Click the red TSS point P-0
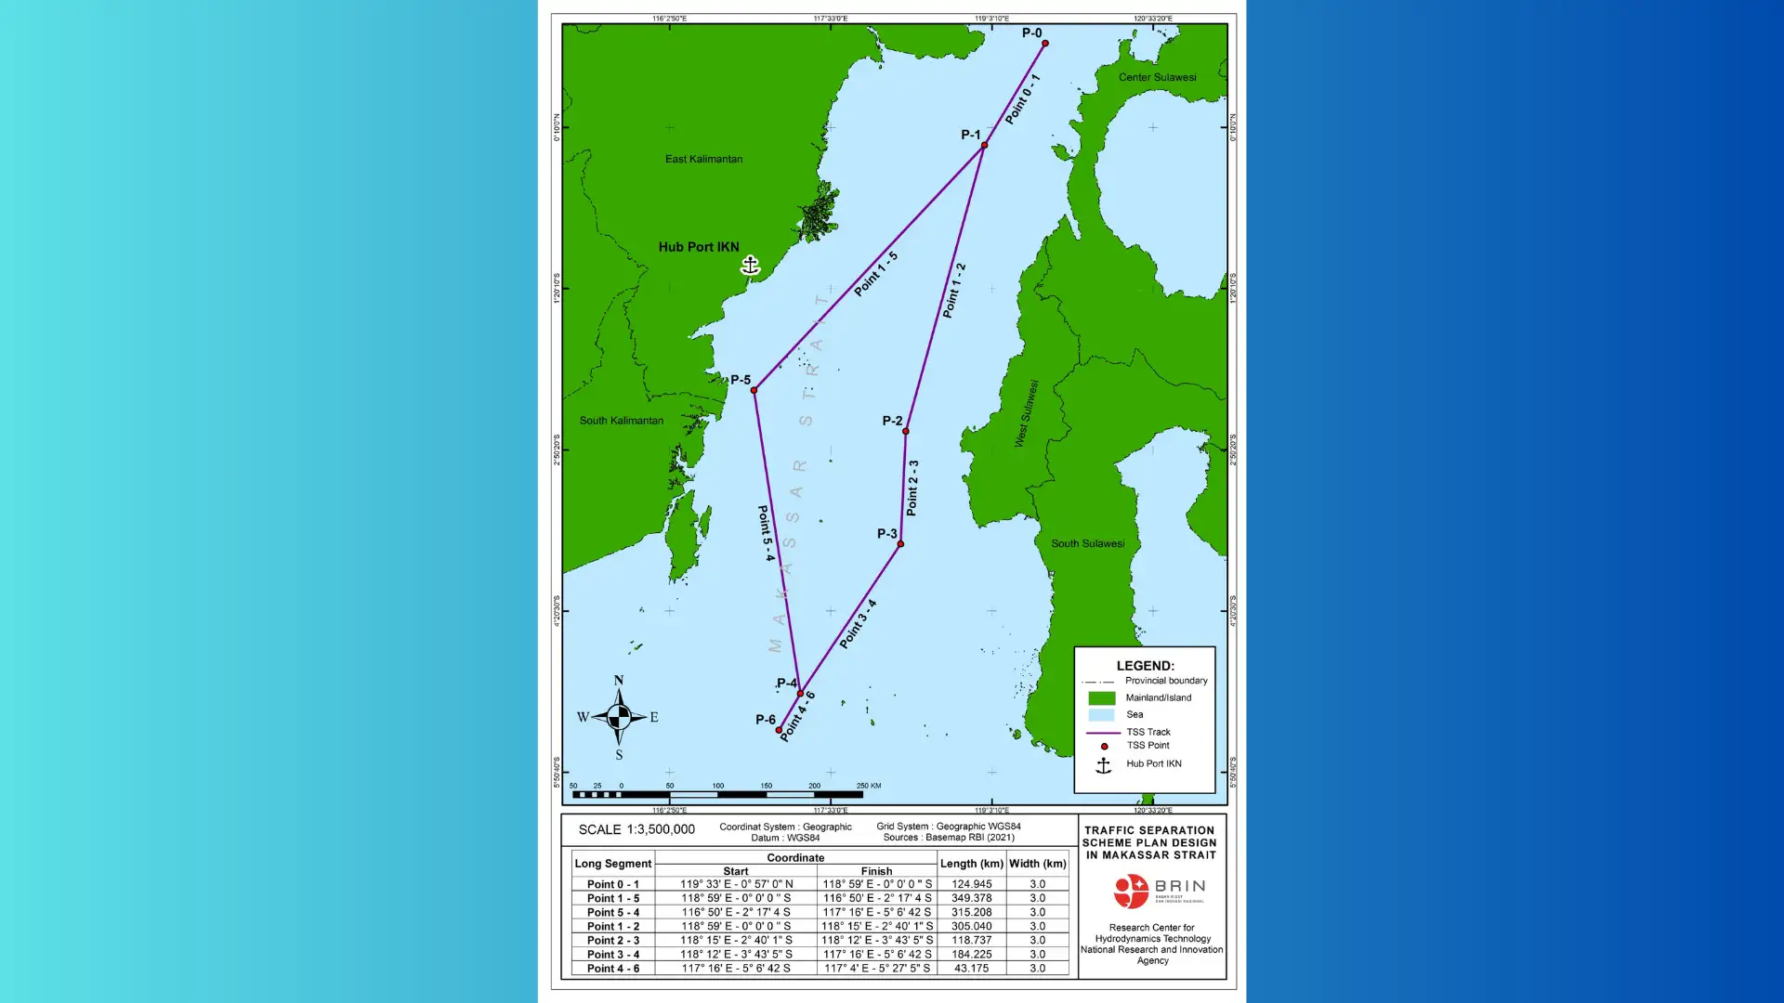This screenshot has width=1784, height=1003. click(x=1045, y=44)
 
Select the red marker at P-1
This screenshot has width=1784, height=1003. click(x=984, y=145)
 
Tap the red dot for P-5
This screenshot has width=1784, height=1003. click(x=754, y=390)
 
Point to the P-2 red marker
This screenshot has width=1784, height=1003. click(x=906, y=431)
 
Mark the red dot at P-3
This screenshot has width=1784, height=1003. click(x=900, y=543)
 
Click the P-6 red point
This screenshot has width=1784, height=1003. click(x=779, y=730)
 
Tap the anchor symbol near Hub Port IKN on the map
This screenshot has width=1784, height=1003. click(x=750, y=266)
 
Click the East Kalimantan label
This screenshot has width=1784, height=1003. click(x=703, y=159)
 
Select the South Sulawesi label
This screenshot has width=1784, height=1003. click(x=1087, y=543)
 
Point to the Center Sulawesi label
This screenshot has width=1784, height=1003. click(x=1157, y=77)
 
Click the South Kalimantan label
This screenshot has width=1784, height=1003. click(x=621, y=421)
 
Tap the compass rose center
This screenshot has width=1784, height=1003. click(x=619, y=717)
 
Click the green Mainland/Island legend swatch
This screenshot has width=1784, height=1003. click(x=1101, y=698)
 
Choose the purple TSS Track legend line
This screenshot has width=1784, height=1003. click(x=1103, y=733)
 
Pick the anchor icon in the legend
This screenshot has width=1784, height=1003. click(x=1103, y=765)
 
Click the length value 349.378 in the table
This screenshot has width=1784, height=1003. click(x=971, y=898)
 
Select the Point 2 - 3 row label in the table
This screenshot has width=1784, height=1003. click(x=612, y=940)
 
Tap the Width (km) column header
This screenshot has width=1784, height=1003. click(x=1037, y=864)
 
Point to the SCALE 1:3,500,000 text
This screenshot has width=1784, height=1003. click(x=636, y=829)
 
